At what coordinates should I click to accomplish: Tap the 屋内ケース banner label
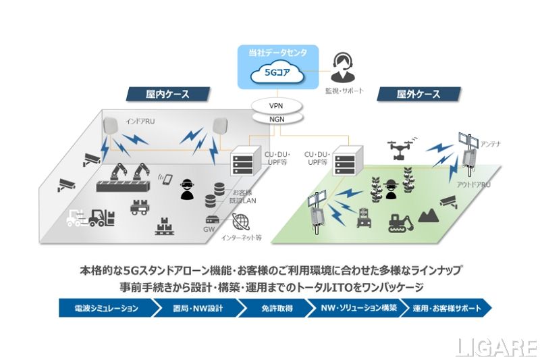(x=167, y=94)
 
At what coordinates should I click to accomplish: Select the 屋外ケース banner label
(x=418, y=94)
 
